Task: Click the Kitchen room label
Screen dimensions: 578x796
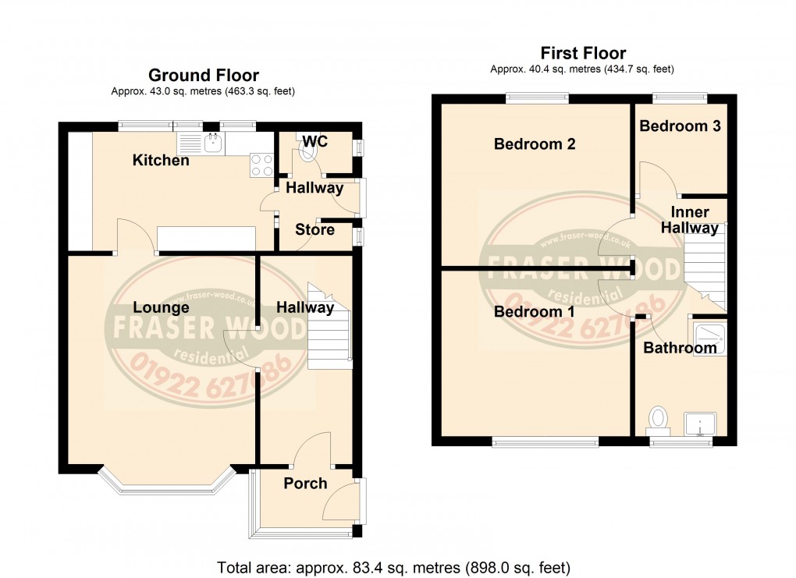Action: (x=161, y=161)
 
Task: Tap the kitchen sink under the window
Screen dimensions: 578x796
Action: (x=201, y=143)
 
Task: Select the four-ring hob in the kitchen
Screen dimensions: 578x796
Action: (x=261, y=163)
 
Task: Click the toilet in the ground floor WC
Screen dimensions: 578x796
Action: (x=309, y=151)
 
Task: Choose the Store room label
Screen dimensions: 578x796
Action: (x=314, y=229)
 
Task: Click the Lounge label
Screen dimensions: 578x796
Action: (x=161, y=307)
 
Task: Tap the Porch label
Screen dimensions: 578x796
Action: (x=305, y=484)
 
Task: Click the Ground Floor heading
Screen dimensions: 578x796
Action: (x=204, y=76)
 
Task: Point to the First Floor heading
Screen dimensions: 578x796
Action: (x=583, y=53)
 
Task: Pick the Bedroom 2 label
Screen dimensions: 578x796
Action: (x=535, y=144)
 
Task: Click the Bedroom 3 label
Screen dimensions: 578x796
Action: (x=680, y=126)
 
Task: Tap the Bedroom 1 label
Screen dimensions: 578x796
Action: (x=535, y=311)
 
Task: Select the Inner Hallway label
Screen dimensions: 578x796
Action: (x=690, y=220)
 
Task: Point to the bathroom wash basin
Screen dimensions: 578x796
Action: (x=701, y=424)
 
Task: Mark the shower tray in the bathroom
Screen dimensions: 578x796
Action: (x=709, y=336)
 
